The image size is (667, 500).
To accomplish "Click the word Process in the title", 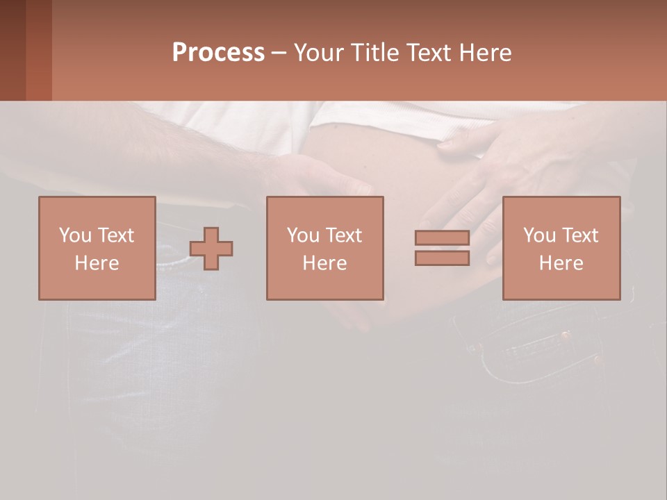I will click(x=218, y=53).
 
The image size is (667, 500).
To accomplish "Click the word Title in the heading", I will click(x=372, y=53).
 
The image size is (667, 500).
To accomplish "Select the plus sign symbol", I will click(x=211, y=249).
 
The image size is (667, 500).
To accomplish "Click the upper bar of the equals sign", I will click(x=442, y=238).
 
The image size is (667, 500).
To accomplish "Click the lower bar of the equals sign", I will click(x=442, y=258).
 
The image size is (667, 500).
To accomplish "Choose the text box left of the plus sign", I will click(x=97, y=248).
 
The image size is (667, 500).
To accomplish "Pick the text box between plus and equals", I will click(x=325, y=248).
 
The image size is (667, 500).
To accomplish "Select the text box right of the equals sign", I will click(x=561, y=248).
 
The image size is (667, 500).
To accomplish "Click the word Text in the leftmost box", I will click(x=115, y=235).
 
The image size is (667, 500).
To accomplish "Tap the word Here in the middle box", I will click(x=325, y=263).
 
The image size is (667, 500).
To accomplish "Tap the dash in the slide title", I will click(x=279, y=53).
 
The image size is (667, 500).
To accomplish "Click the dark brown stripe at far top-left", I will click(x=13, y=50).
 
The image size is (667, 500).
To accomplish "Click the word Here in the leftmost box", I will click(x=97, y=263).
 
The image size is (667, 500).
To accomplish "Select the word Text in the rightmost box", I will click(x=580, y=235).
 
